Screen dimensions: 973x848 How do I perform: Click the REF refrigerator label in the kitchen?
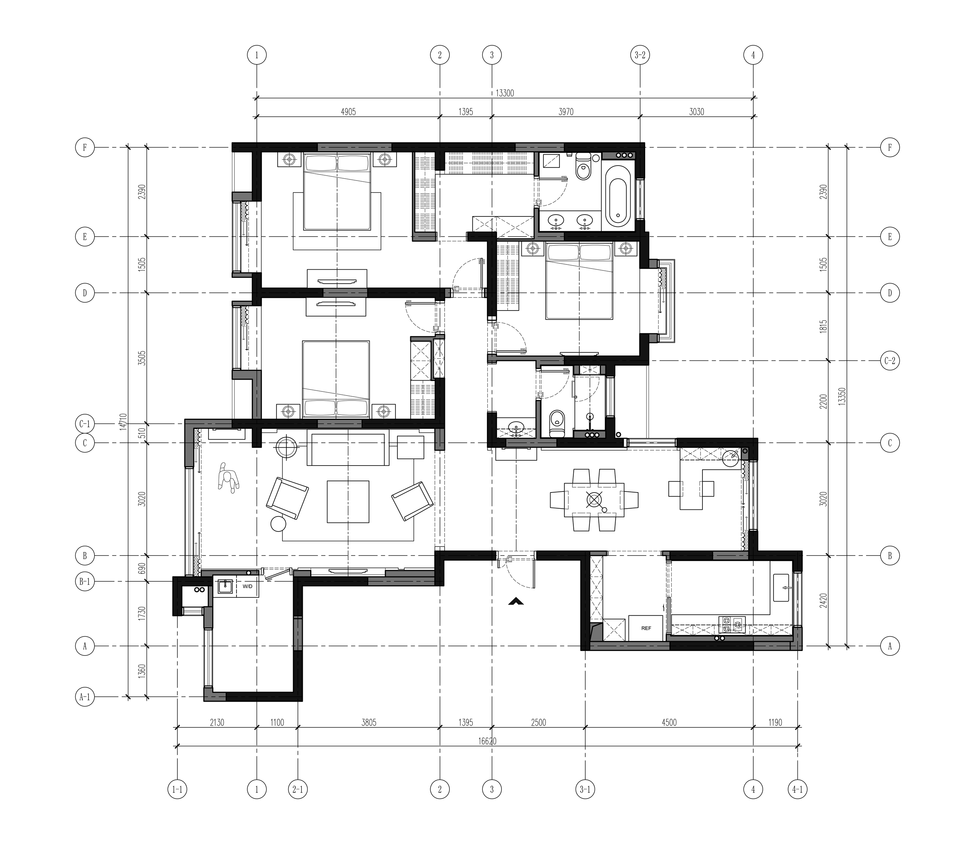tap(646, 628)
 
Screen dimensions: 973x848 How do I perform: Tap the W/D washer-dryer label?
tap(248, 586)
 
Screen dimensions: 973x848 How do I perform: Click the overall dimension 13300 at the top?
tap(504, 93)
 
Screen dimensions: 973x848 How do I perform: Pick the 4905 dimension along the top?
tap(348, 112)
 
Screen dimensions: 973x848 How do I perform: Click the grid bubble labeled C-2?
tap(890, 361)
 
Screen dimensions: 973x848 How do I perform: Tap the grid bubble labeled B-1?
tap(85, 582)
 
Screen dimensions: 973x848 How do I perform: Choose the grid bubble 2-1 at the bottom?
tap(298, 789)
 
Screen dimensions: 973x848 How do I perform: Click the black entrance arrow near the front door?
tap(515, 602)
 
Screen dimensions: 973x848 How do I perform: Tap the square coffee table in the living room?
tap(348, 502)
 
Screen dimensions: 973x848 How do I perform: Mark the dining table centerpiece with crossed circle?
tap(594, 499)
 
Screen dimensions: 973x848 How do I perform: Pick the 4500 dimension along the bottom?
tap(669, 723)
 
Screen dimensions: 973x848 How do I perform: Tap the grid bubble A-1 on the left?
tap(85, 697)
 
